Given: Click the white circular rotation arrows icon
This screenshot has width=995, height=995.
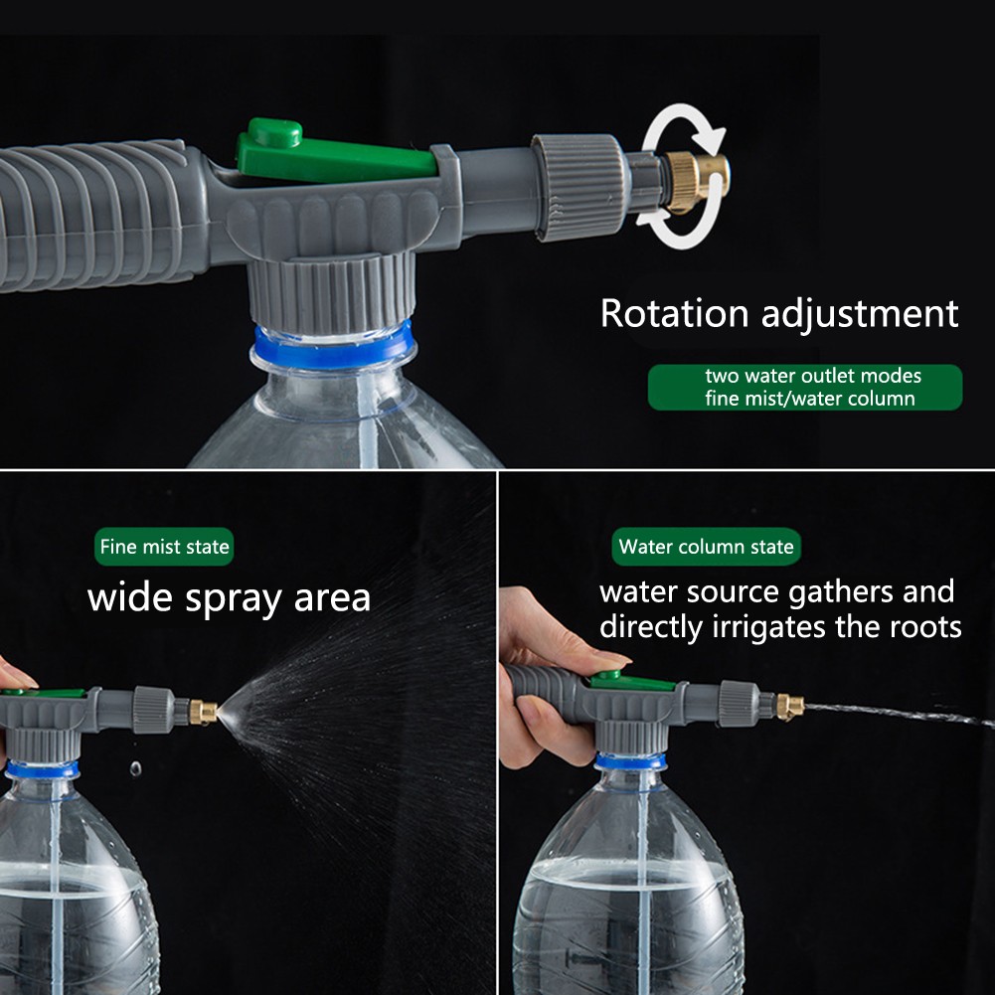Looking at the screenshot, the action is pos(682,176).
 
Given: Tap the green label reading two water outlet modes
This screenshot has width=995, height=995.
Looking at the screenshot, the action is pos(804,387).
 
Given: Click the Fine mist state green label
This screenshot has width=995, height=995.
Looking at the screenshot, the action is pos(164,547).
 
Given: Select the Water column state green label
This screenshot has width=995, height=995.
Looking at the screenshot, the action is pos(707,547).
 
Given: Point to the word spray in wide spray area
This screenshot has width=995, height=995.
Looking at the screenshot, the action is pos(234,599).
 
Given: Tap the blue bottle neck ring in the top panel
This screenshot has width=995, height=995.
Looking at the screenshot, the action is pos(333,347).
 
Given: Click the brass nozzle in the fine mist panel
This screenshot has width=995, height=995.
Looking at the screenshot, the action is pos(204,712).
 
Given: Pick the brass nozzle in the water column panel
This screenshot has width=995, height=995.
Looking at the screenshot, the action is pos(790,707).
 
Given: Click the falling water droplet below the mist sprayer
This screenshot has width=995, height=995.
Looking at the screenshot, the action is pos(135,769).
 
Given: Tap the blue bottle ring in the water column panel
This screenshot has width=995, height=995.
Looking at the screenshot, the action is pos(629,761).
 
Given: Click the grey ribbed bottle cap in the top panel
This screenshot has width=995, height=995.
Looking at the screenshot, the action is pos(331,293).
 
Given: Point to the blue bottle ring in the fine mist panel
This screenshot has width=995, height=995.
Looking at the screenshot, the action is pos(43,769).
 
